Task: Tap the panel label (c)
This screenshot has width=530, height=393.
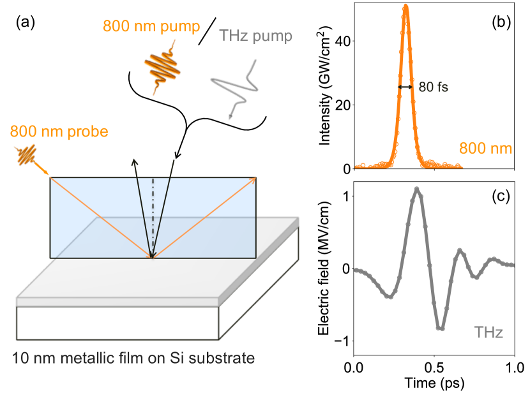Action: tap(499, 196)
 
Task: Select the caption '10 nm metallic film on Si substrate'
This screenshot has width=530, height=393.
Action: tap(133, 357)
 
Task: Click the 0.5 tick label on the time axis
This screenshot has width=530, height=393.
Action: tap(434, 368)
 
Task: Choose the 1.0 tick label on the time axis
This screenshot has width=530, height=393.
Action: tap(514, 368)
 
